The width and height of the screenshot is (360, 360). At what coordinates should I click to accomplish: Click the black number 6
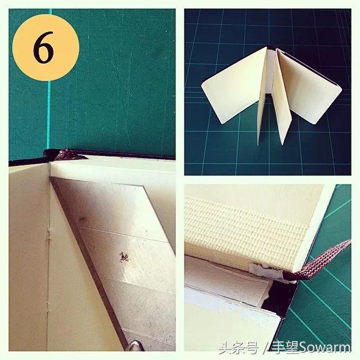[44, 47]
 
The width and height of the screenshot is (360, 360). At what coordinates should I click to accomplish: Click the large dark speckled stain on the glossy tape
[124, 257]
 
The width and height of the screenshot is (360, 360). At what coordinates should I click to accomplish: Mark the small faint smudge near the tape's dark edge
[82, 219]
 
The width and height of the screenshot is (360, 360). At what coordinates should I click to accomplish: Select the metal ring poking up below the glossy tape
[135, 346]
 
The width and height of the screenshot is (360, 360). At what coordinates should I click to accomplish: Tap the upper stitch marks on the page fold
[48, 234]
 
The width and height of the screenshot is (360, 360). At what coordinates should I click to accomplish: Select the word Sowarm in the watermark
[325, 348]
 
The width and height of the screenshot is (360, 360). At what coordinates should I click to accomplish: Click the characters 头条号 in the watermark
[238, 348]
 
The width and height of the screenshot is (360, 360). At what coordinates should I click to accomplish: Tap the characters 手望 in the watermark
[285, 348]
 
